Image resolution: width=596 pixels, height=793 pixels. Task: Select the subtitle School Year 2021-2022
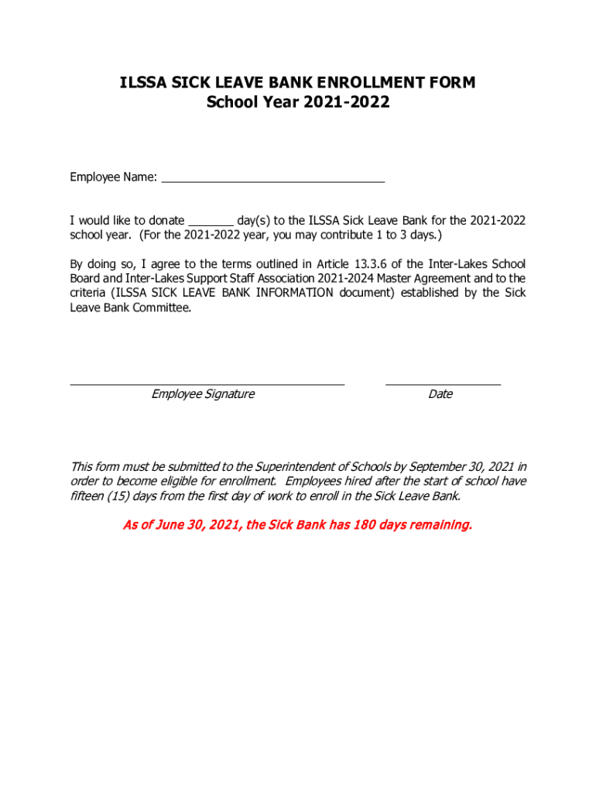pyautogui.click(x=298, y=102)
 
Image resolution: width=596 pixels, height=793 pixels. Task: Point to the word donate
pyautogui.click(x=166, y=221)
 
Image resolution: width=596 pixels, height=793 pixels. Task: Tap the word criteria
pyautogui.click(x=87, y=293)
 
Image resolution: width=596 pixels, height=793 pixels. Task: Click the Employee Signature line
pyautogui.click(x=207, y=383)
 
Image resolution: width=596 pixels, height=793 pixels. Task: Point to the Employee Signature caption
pyautogui.click(x=203, y=394)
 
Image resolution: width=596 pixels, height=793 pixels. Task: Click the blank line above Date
pyautogui.click(x=443, y=383)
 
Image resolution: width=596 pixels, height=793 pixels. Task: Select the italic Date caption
pyautogui.click(x=440, y=394)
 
